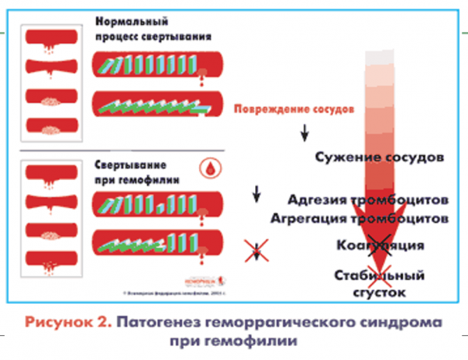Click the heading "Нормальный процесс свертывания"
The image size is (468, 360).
154,29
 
